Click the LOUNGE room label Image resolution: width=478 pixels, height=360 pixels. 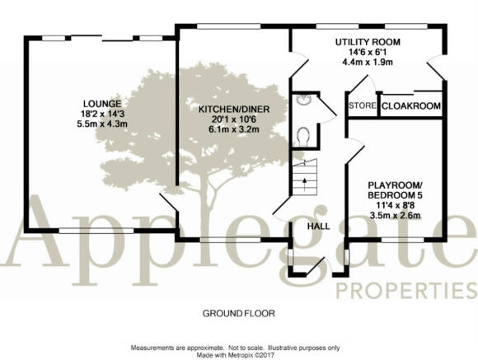102,104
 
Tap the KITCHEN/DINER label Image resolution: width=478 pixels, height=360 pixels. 234,109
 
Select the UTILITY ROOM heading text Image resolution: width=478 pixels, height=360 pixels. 368,42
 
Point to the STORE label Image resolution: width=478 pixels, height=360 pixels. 363,105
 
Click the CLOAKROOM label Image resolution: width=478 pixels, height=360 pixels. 411,106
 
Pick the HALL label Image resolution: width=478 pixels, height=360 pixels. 318,227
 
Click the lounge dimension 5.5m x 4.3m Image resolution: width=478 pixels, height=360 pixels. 102,124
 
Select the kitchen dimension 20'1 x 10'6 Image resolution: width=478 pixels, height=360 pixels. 234,119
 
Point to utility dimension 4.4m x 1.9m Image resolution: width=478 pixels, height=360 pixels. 368,62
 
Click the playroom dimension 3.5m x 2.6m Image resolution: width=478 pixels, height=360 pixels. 395,216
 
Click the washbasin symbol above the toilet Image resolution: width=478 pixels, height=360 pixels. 302,100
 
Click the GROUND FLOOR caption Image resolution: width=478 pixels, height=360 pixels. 239,313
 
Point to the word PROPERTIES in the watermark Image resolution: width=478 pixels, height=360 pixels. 406,291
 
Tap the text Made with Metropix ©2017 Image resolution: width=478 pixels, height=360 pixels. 236,355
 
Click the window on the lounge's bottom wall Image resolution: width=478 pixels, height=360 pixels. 96,231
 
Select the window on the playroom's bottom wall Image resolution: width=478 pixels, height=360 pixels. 402,240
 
